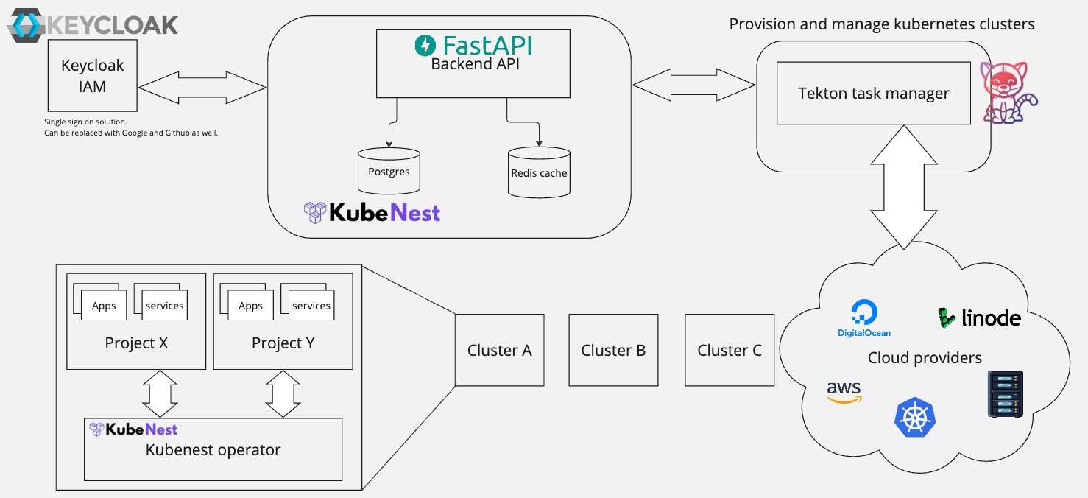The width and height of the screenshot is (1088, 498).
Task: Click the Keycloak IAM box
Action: tap(93, 76)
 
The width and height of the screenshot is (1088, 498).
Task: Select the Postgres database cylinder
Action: tap(389, 172)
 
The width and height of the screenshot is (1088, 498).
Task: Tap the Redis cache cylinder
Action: tap(539, 173)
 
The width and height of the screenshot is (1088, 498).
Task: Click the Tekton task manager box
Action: tap(874, 94)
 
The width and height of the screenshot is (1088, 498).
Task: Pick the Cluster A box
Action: tap(499, 351)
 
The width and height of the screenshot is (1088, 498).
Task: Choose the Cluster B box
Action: tap(613, 351)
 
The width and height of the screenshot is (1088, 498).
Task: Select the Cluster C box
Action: tap(730, 351)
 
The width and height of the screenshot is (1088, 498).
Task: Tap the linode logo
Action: tap(979, 318)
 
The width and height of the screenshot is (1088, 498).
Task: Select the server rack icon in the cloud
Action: tap(1006, 394)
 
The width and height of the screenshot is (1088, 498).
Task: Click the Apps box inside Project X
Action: tap(104, 306)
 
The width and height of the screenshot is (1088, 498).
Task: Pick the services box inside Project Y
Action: tap(311, 306)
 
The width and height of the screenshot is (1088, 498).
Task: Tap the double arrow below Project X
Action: tap(160, 394)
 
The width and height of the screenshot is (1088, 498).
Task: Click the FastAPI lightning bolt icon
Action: tap(425, 46)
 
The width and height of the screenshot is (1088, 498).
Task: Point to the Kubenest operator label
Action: tap(213, 450)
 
